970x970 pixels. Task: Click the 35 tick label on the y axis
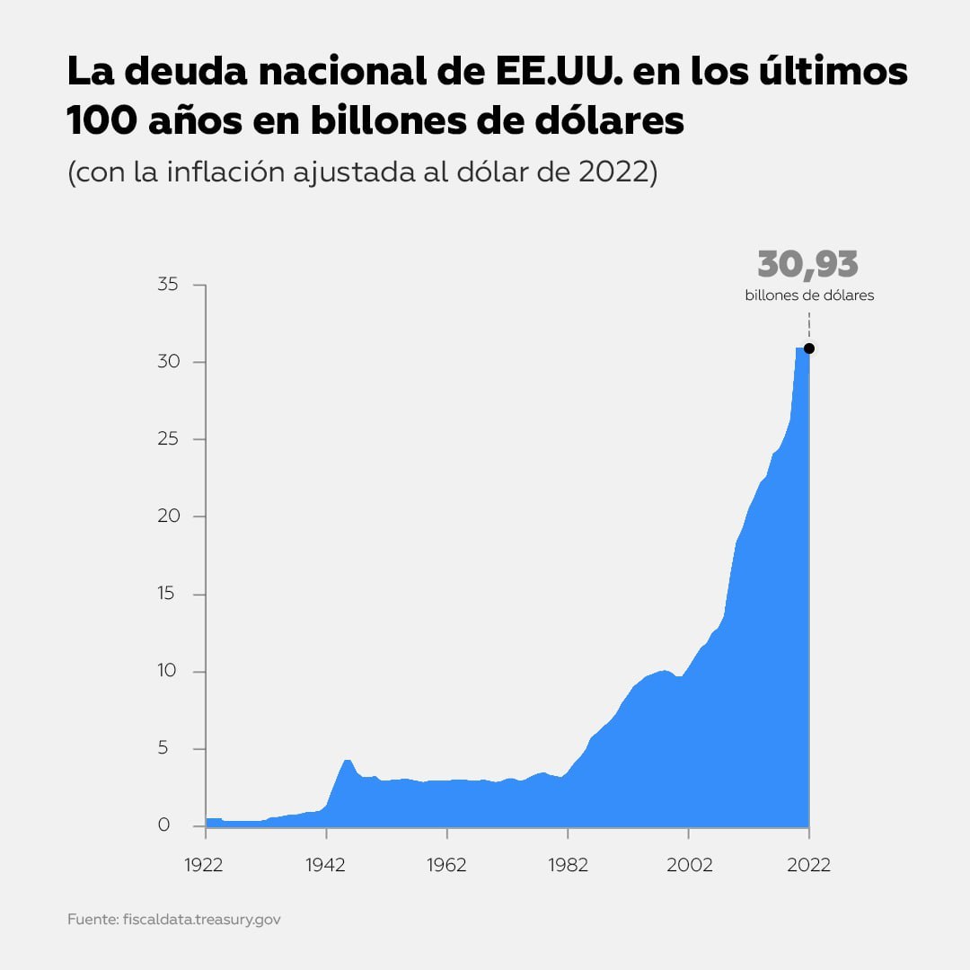[x=169, y=285]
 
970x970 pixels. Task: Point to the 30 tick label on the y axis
[x=169, y=362]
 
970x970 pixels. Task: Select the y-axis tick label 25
[x=169, y=439]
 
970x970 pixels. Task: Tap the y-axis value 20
[x=169, y=516]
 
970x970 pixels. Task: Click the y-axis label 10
[x=169, y=672]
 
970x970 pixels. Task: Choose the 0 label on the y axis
[x=163, y=825]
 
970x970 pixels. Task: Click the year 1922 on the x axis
[x=206, y=865]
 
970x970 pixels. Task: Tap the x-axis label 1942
[x=326, y=865]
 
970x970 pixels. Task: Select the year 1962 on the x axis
[x=446, y=865]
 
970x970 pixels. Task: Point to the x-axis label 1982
[x=567, y=865]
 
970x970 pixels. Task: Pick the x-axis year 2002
[x=688, y=865]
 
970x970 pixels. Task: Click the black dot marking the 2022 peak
[x=809, y=348]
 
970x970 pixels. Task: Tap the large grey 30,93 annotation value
[x=807, y=265]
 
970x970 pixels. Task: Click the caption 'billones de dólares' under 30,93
[x=809, y=295]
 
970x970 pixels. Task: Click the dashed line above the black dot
[x=809, y=325]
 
